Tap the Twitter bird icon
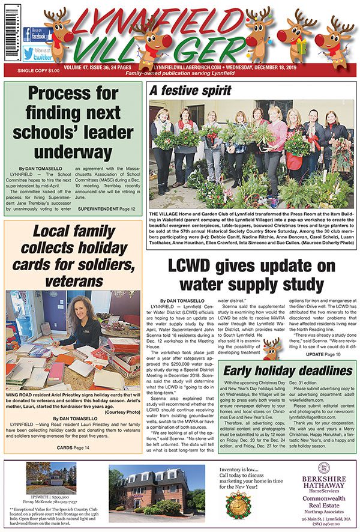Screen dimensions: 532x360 tap(31, 54)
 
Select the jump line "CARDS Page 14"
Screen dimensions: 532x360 tap(73, 447)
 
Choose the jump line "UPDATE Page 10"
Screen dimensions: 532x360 tap(323, 354)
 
